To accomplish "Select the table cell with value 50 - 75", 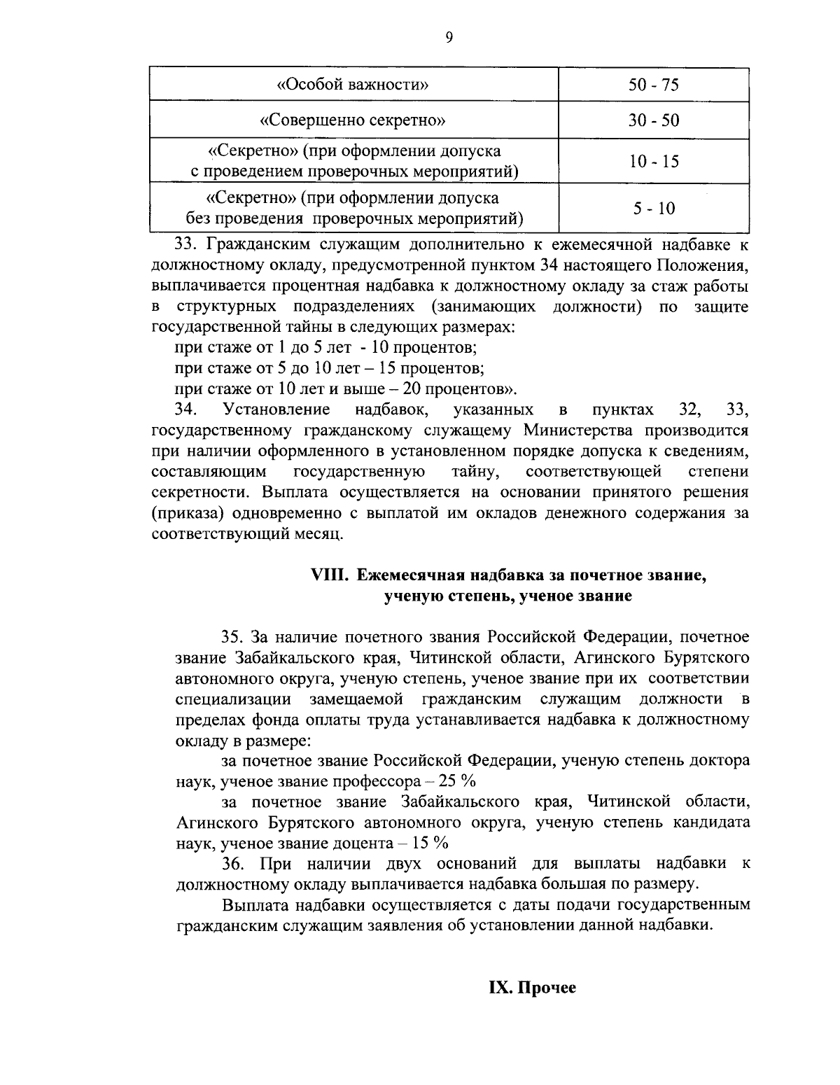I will tap(653, 85).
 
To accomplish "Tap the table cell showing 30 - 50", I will tap(653, 120).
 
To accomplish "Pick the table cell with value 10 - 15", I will tap(653, 162).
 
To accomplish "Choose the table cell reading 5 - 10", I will tap(653, 209).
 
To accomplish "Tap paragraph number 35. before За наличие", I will tap(232, 637).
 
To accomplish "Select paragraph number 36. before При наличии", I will tap(232, 864).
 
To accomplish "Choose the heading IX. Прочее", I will tap(531, 988).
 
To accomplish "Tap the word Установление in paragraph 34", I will tap(275, 409).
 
